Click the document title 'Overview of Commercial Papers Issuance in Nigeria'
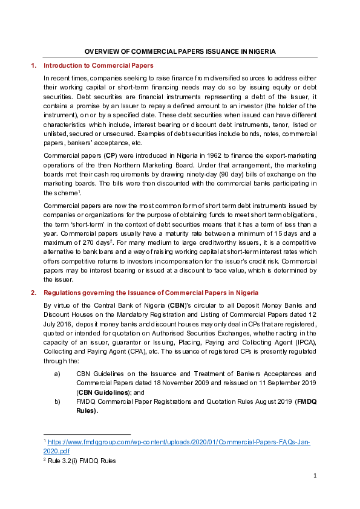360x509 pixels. [180, 52]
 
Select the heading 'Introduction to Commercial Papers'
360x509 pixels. [99, 65]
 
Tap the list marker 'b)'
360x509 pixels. [57, 401]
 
